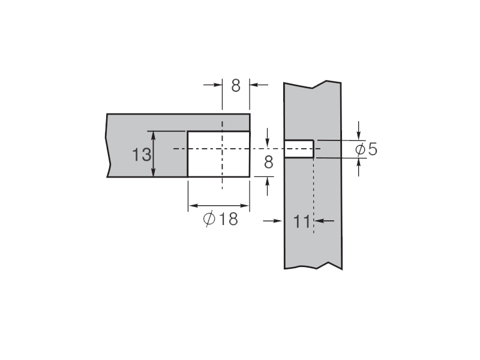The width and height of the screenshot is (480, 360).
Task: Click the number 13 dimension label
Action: click(x=142, y=155)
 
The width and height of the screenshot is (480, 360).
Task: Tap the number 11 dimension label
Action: click(x=302, y=221)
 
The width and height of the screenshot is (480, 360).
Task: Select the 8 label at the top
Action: click(x=236, y=86)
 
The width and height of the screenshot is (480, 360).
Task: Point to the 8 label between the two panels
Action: click(x=268, y=162)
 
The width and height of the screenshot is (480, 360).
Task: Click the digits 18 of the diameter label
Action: click(x=229, y=219)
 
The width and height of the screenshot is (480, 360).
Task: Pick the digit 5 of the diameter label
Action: click(x=373, y=149)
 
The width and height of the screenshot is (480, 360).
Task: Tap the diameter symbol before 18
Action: click(x=209, y=219)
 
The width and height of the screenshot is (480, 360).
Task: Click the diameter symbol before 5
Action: click(x=361, y=149)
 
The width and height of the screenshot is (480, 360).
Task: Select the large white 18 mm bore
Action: click(x=218, y=154)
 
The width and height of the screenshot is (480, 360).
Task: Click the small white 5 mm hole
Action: click(x=299, y=149)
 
